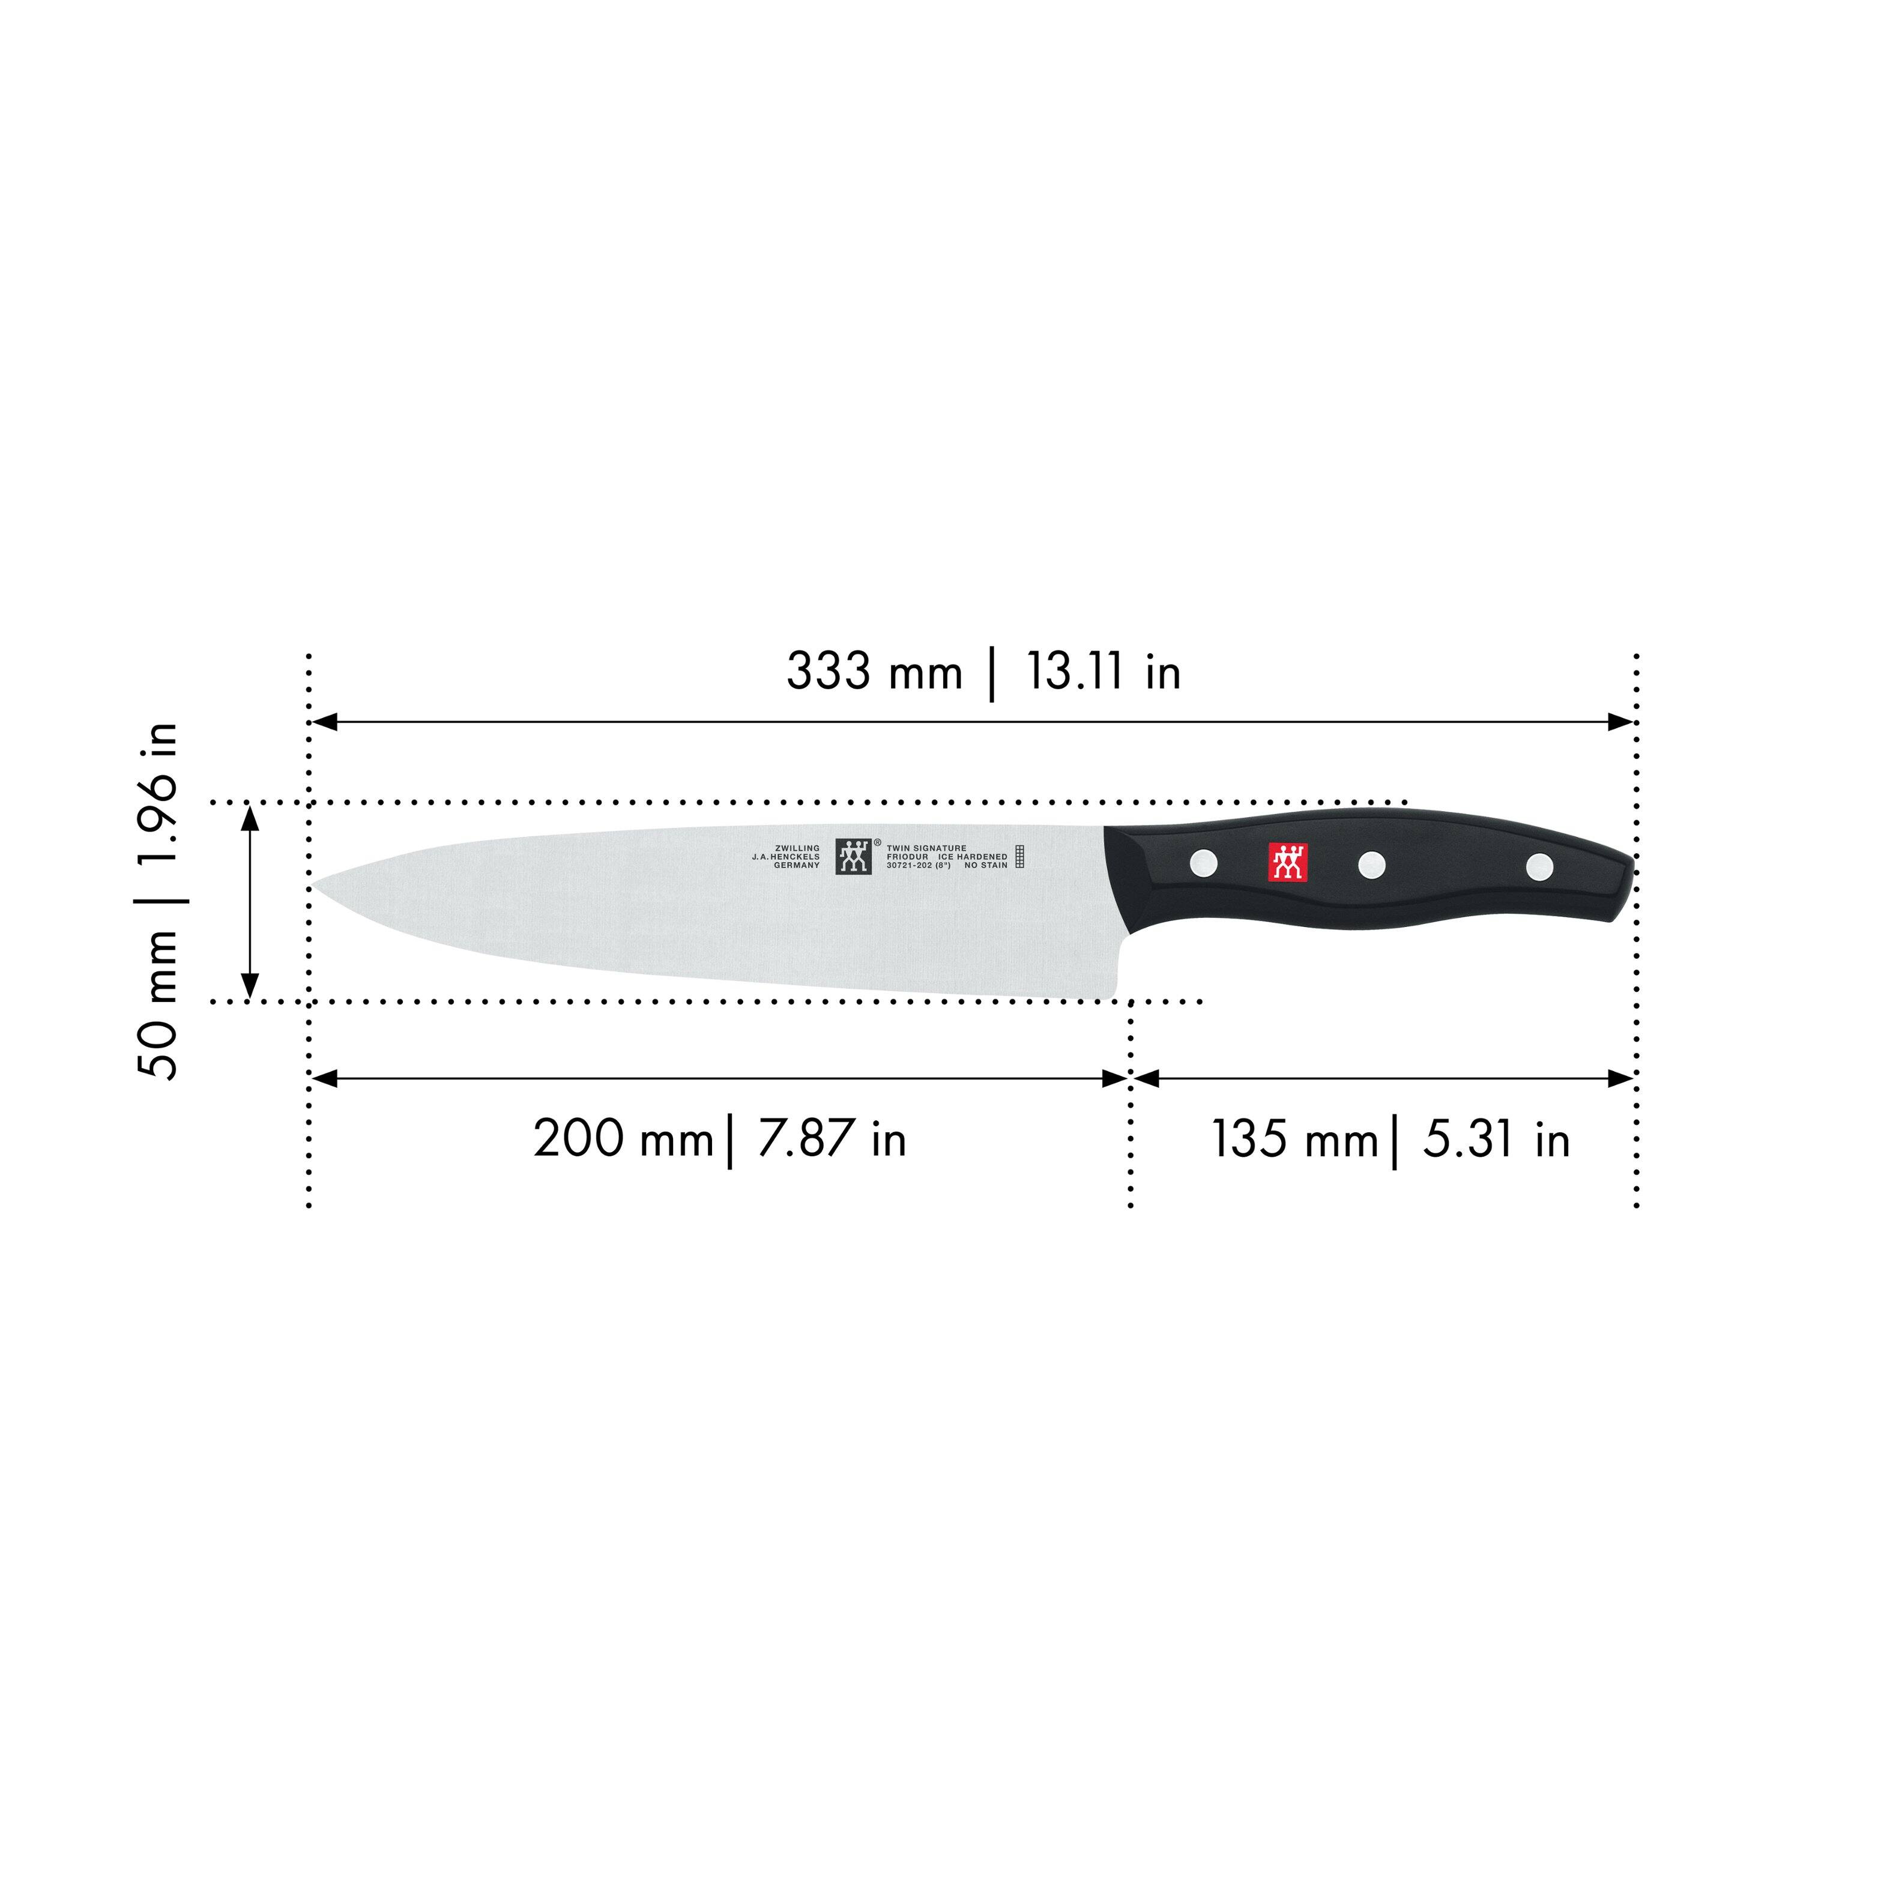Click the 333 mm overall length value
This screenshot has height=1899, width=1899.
(x=873, y=673)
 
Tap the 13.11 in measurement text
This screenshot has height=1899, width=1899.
(x=1103, y=673)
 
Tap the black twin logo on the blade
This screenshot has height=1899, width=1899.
(x=853, y=856)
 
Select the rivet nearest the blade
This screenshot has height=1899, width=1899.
(x=1203, y=863)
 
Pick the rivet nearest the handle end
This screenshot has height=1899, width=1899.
(x=1539, y=866)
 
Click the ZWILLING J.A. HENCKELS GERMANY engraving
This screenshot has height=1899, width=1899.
(x=786, y=856)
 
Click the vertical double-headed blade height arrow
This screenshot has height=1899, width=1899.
(x=250, y=901)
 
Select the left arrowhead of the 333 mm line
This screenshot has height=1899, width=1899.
(x=324, y=722)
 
